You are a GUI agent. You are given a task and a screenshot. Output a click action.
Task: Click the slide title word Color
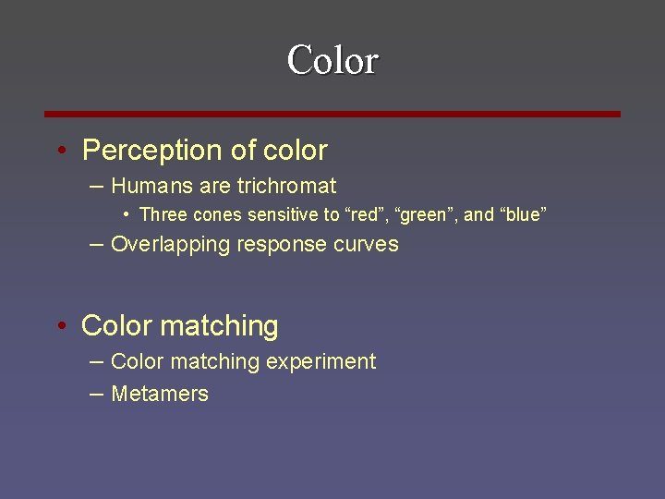(x=332, y=61)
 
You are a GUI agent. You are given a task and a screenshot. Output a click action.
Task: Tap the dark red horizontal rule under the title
(x=332, y=114)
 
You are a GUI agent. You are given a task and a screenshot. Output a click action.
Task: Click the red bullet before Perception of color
(x=60, y=151)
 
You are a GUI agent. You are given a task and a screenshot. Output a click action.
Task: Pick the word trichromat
(x=286, y=186)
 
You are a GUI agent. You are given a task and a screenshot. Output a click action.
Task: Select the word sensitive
(x=280, y=215)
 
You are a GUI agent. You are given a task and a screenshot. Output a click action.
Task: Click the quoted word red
(x=367, y=215)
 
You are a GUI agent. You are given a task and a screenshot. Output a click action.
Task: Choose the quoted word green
(x=429, y=215)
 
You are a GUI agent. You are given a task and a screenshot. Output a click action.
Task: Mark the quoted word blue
(x=522, y=215)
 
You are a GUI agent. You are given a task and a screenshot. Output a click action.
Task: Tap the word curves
(x=369, y=245)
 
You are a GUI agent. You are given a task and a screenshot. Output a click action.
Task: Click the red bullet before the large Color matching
(x=60, y=326)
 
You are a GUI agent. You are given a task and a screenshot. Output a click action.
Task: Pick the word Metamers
(x=160, y=394)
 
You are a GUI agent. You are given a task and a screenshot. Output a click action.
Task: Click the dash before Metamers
(x=97, y=394)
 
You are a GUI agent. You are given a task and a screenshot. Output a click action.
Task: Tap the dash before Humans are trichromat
(x=97, y=186)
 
